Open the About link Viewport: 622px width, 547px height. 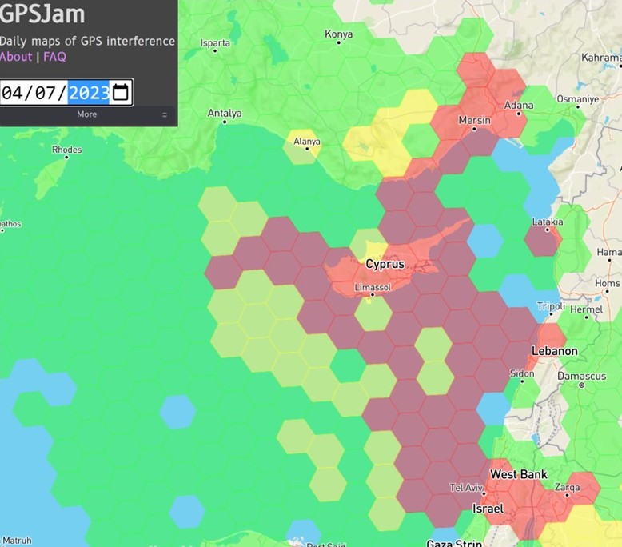click(x=16, y=57)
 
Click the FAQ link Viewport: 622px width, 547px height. click(x=54, y=57)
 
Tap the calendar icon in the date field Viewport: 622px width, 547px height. click(x=121, y=92)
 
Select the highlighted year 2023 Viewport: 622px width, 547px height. click(x=89, y=93)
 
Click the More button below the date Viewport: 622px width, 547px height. click(x=86, y=114)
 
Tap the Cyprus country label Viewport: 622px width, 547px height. click(x=385, y=264)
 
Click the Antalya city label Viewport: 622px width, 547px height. click(x=225, y=114)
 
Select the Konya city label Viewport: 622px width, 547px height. click(x=338, y=34)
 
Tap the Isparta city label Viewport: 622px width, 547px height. click(x=215, y=42)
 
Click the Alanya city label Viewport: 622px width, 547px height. click(x=306, y=142)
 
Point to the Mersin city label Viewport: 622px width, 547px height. click(x=474, y=120)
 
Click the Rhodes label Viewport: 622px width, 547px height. click(x=66, y=150)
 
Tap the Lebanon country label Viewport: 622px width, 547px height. click(x=555, y=351)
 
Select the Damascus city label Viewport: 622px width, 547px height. click(x=582, y=376)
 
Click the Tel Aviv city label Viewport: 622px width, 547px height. click(x=466, y=488)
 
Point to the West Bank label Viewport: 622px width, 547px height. click(x=519, y=474)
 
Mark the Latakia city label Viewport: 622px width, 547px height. click(x=547, y=222)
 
